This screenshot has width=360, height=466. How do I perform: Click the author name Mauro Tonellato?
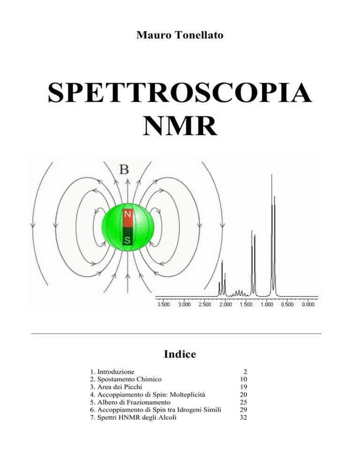click(180, 35)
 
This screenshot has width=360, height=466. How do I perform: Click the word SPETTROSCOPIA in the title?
click(180, 93)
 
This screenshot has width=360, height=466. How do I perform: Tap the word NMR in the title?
click(180, 126)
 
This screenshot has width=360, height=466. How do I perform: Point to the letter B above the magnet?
click(124, 170)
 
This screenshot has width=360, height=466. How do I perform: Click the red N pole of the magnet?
click(127, 218)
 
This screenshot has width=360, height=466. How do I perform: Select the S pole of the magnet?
click(127, 237)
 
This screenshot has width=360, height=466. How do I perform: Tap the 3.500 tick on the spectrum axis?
click(164, 304)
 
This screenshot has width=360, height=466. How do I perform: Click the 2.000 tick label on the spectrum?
click(225, 304)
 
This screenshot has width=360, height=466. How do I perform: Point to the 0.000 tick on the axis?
click(308, 304)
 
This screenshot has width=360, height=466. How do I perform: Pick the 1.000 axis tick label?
click(267, 304)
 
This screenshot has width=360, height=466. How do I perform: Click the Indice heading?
click(180, 354)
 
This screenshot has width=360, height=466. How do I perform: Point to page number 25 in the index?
click(243, 402)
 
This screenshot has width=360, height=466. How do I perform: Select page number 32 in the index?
click(243, 418)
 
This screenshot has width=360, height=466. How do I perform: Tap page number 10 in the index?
click(243, 379)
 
